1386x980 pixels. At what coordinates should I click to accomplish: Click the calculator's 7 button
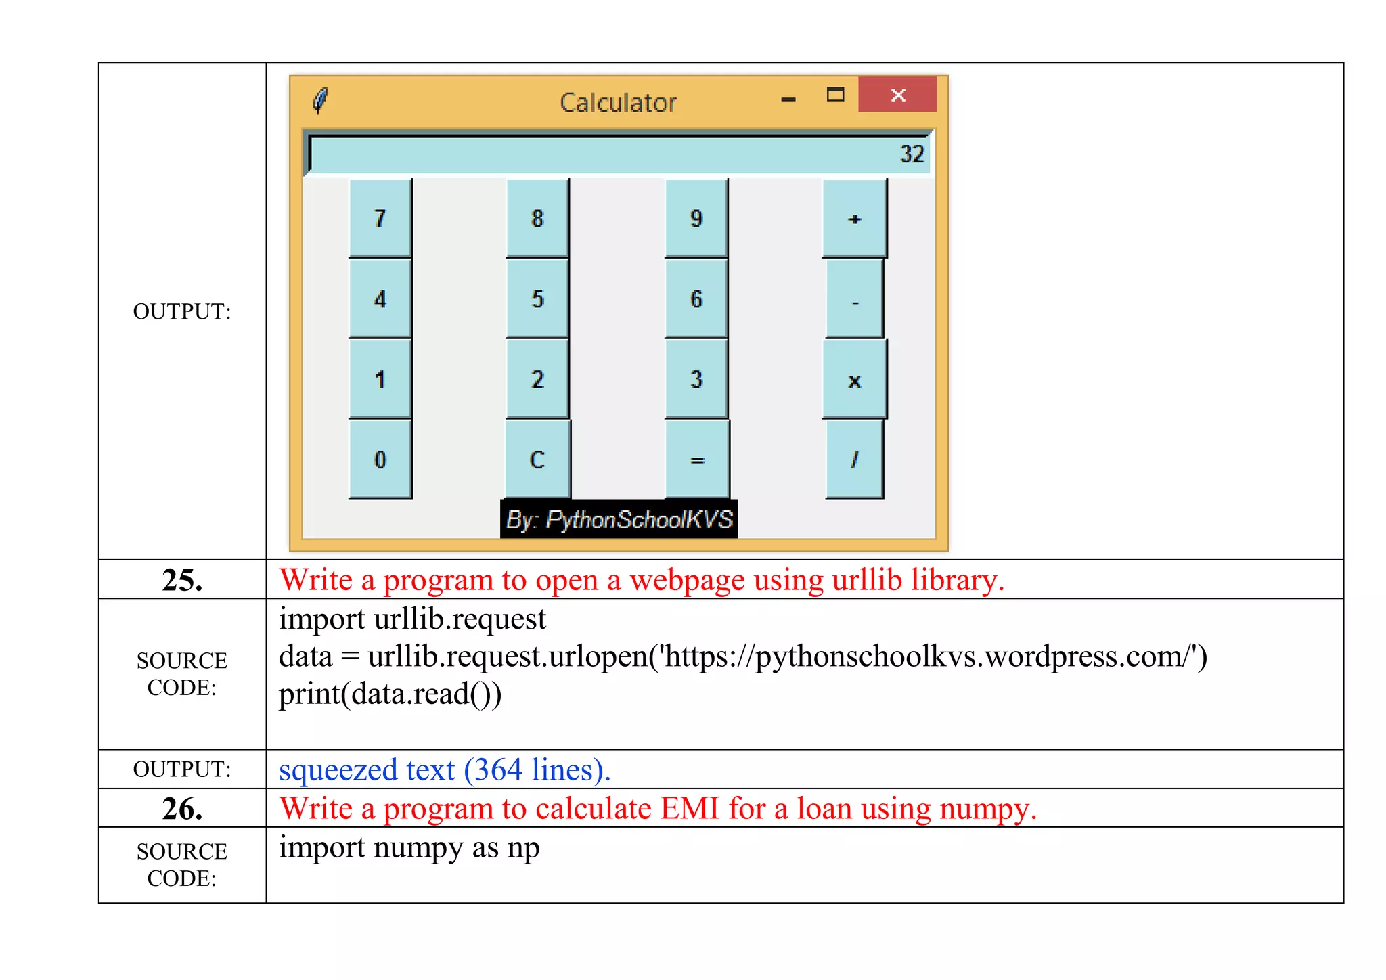coord(380,218)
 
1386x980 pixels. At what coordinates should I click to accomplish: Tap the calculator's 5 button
coord(537,298)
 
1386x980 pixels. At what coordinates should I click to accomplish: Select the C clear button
coord(537,460)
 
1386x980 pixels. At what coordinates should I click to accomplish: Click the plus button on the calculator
coord(854,218)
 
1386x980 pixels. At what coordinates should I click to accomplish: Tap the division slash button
coord(854,460)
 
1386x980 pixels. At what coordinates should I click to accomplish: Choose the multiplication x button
coord(854,380)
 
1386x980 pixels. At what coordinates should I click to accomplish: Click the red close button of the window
coord(897,95)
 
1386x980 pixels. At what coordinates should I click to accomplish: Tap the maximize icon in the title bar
coord(836,95)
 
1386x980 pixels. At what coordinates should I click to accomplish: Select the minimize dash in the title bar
coord(788,99)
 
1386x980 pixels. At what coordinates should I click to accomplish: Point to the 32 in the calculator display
coord(912,154)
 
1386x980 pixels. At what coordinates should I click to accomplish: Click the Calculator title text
coord(618,103)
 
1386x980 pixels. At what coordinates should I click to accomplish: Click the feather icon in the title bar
coord(321,100)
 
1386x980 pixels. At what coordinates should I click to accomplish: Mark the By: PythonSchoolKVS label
coord(619,520)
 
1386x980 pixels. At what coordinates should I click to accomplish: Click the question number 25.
coord(182,580)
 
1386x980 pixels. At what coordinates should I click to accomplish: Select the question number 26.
coord(182,808)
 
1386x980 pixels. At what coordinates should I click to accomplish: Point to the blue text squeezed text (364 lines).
coord(445,770)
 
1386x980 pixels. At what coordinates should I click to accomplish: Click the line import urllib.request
coord(412,619)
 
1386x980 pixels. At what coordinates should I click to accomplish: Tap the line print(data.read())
coord(390,694)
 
